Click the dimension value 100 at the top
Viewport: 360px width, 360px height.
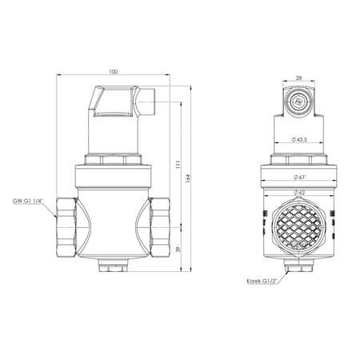112,72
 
